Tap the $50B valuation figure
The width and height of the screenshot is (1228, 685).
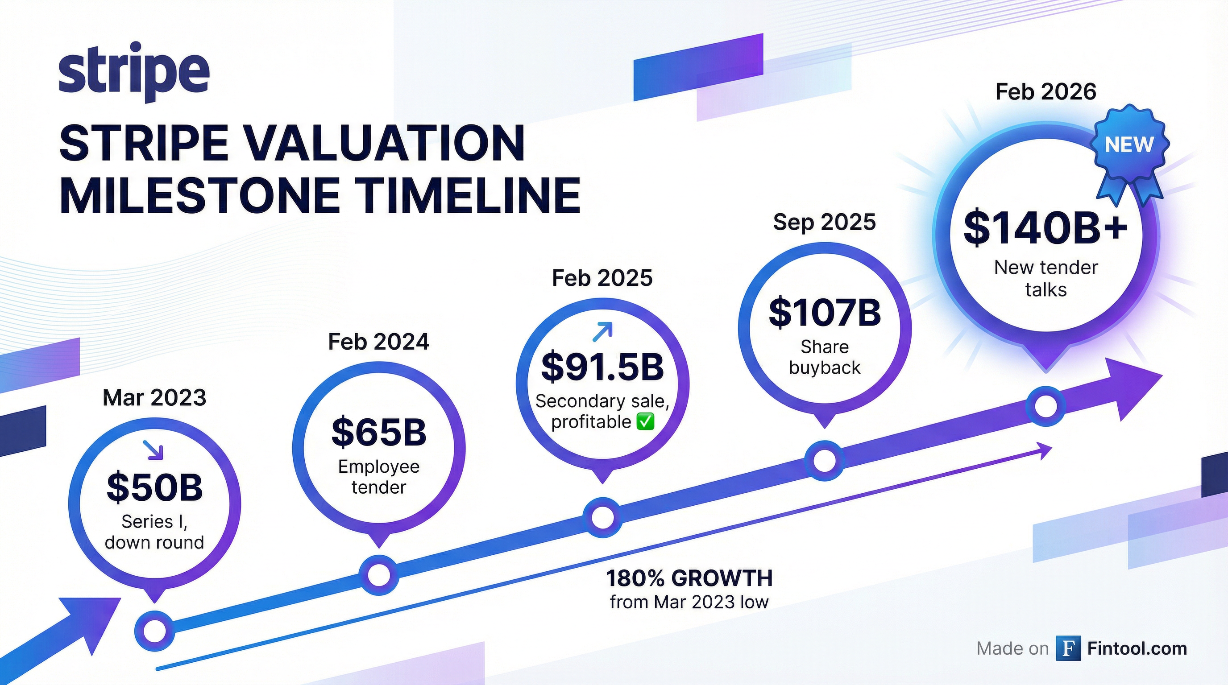154,487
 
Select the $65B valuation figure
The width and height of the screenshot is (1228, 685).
379,432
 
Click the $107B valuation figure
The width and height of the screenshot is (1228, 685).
825,313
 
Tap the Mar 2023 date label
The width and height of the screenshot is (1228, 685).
154,397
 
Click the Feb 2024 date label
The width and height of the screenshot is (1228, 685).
379,342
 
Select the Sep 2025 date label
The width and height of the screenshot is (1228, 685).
825,222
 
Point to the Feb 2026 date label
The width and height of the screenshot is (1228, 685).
1046,91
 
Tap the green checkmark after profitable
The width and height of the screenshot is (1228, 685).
646,422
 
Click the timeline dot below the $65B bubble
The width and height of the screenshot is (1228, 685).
379,575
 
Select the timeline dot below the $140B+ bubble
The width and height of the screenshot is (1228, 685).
1045,406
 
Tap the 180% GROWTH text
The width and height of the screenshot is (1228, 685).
689,578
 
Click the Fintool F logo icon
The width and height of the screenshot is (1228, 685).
1068,648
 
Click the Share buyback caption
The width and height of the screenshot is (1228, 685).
825,357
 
